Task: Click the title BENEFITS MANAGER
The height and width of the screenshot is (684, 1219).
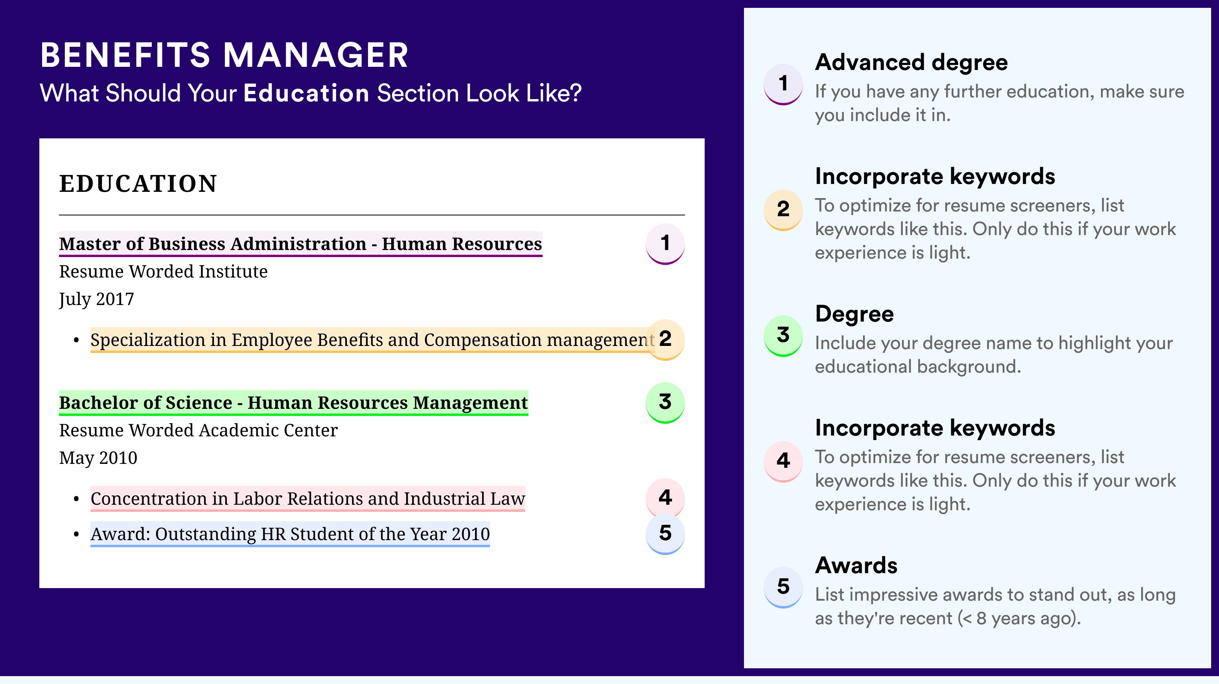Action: [x=224, y=55]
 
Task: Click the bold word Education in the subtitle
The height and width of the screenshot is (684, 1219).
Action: [x=306, y=93]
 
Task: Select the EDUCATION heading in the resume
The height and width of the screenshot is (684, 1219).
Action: [x=138, y=184]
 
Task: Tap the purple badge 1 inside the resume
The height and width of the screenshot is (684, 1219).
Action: [x=665, y=244]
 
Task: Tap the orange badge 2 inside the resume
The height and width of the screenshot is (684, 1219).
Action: [x=665, y=340]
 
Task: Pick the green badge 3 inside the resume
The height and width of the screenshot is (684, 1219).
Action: [x=665, y=403]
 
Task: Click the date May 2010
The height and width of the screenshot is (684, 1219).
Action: [x=98, y=458]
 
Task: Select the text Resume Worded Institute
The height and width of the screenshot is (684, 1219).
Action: [x=163, y=272]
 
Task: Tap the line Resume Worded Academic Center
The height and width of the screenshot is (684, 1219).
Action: [x=198, y=430]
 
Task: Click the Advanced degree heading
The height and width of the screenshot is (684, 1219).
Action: [x=911, y=63]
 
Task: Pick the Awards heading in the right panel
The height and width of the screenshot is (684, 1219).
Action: [x=856, y=565]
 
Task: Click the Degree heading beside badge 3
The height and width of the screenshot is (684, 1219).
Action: [x=854, y=314]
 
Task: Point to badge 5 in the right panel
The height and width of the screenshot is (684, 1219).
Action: [x=783, y=587]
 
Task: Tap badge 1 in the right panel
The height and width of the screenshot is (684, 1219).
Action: [x=783, y=84]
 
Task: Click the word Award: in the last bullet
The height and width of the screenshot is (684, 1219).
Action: [x=120, y=534]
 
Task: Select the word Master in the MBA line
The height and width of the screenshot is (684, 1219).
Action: [x=90, y=244]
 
